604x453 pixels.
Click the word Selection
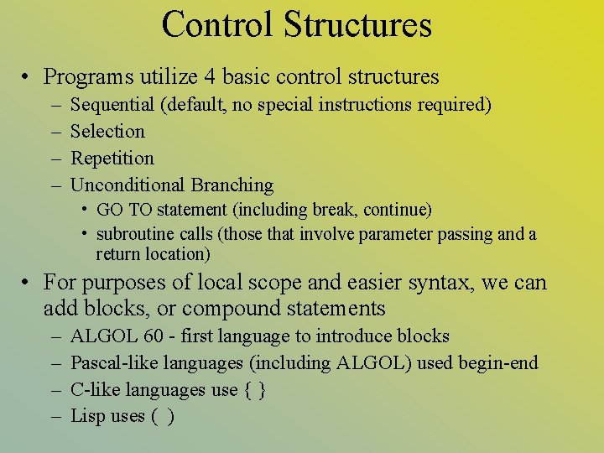tap(107, 132)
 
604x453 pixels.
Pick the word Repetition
tap(112, 159)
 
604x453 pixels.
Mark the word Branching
tap(232, 185)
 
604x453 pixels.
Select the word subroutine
tap(133, 235)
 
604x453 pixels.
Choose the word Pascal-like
tap(107, 364)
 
